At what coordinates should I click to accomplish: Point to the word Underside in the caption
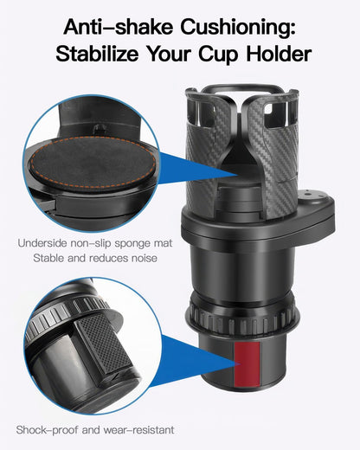(43, 243)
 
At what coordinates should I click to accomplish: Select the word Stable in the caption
(48, 257)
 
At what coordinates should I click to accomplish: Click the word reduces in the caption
(105, 257)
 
